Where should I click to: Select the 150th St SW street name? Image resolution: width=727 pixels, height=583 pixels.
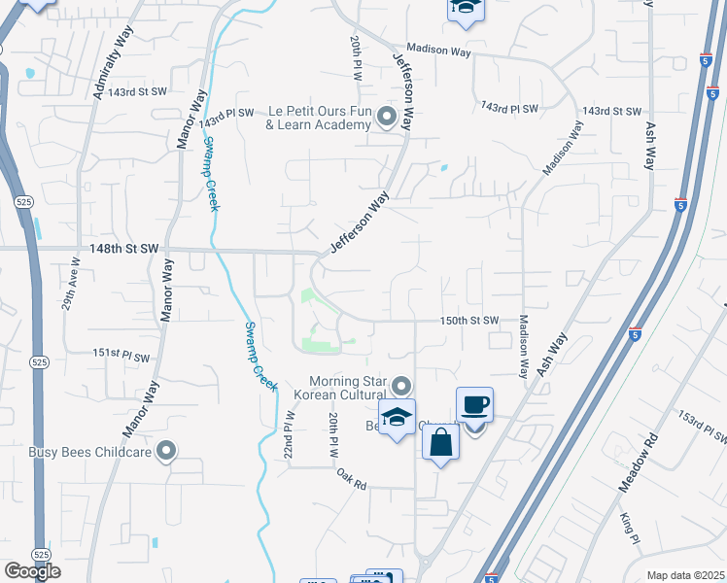[x=469, y=320]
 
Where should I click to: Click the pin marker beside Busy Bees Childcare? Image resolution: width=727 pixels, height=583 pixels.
[x=167, y=450]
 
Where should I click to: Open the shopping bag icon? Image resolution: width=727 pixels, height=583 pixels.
[x=440, y=442]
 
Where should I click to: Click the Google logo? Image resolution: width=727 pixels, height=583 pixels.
[x=33, y=571]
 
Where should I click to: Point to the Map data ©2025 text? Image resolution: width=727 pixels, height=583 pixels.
[x=684, y=575]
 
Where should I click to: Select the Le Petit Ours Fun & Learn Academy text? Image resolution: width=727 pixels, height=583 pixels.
[x=319, y=118]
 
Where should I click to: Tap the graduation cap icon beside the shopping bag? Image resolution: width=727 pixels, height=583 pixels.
[x=397, y=418]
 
